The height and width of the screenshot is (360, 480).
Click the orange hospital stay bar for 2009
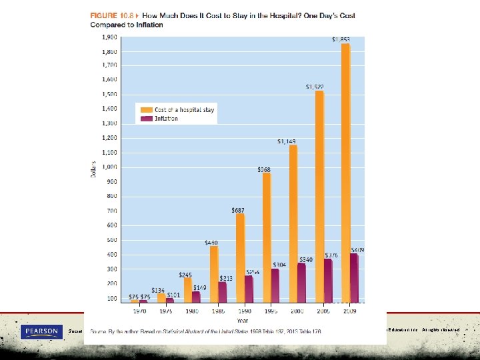point(345,173)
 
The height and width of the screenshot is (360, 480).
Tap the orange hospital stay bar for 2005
point(319,197)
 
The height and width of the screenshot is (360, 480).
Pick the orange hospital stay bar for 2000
point(293,224)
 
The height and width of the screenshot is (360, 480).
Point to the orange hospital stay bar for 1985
point(213,274)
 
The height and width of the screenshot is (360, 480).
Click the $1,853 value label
point(341,39)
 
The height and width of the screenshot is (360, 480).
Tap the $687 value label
point(238,210)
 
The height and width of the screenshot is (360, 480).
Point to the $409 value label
point(358,250)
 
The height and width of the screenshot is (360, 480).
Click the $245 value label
point(185,275)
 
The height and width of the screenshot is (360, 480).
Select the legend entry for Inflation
point(166,119)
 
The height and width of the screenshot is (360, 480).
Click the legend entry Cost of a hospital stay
point(185,109)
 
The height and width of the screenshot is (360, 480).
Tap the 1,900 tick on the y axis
point(110,37)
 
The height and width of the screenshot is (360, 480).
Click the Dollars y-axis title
point(94,171)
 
